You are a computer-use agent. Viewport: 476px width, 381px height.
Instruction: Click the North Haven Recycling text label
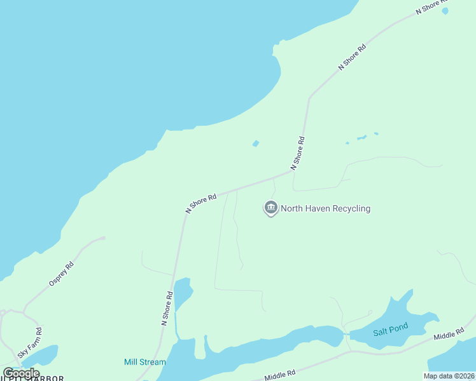(x=325, y=208)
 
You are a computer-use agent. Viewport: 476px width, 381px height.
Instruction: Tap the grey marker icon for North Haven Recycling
(x=271, y=208)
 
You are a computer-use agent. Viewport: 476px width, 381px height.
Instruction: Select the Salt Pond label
(x=390, y=327)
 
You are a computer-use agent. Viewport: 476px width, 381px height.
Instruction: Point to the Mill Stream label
(x=144, y=362)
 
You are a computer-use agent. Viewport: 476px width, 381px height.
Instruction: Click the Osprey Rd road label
(x=62, y=274)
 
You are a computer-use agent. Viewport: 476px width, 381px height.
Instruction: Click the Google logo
(x=21, y=373)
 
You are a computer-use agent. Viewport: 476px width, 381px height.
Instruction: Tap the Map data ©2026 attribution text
(x=449, y=376)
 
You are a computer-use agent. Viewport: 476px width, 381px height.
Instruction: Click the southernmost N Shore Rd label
(x=167, y=309)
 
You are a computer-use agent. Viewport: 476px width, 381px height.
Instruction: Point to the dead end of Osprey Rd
(x=104, y=239)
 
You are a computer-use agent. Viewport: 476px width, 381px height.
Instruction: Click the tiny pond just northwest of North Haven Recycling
(x=256, y=144)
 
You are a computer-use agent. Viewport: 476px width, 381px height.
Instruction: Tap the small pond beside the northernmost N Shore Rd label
(x=445, y=11)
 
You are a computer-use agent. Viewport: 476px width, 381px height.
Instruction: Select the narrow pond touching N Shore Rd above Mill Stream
(x=183, y=292)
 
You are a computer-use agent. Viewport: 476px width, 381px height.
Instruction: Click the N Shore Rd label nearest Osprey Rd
(x=201, y=203)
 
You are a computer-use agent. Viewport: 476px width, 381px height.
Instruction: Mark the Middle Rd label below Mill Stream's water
(x=280, y=376)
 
